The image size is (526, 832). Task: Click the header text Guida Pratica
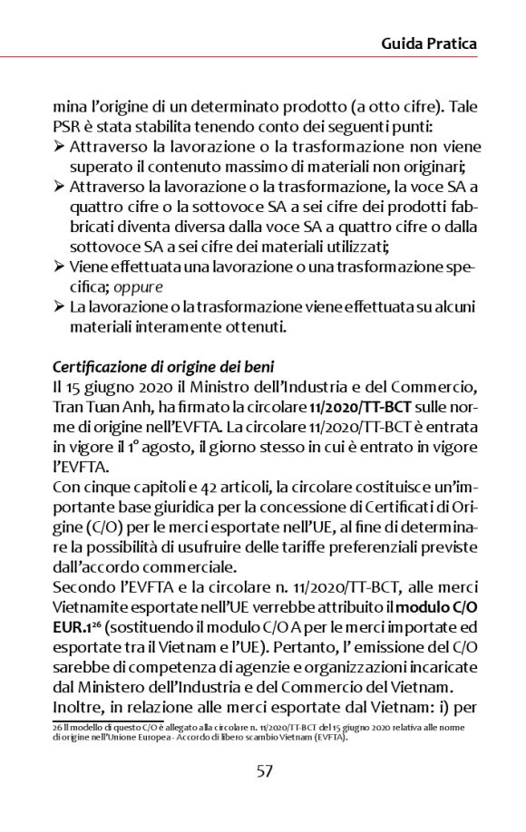429,44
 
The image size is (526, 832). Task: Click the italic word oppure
139,285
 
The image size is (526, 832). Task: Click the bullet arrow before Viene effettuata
59,266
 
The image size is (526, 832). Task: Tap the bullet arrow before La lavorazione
59,307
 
